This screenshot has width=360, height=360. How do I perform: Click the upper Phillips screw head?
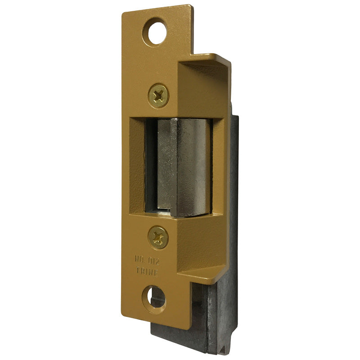158,95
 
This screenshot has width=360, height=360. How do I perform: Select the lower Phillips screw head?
158,237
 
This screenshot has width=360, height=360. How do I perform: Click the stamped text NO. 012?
147,261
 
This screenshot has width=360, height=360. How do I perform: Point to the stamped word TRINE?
147,271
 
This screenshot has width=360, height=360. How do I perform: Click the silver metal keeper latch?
184,167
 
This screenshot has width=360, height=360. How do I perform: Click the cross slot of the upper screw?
158,95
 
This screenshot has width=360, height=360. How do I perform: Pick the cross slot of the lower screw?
158,237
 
